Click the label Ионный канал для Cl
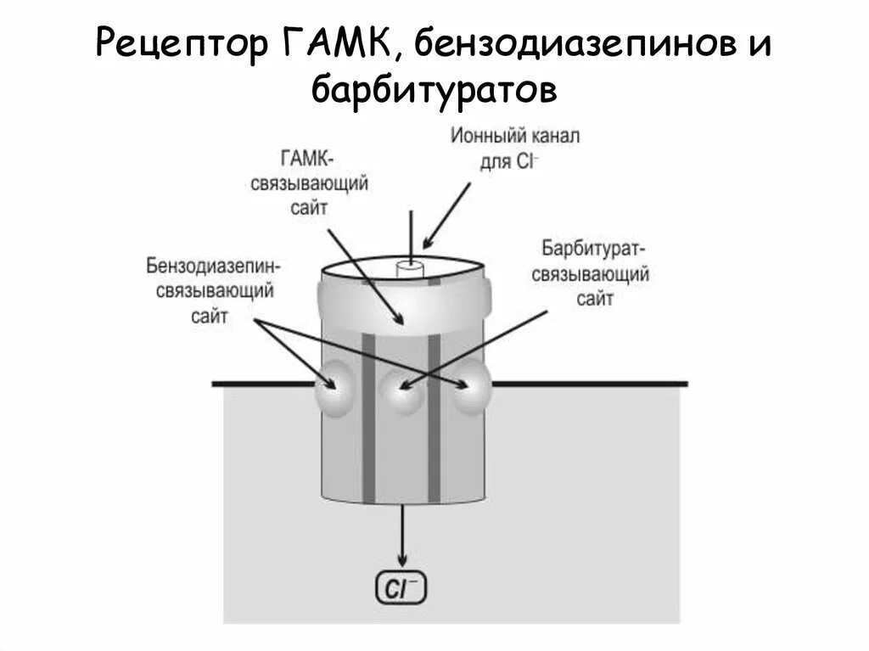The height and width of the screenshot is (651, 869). pos(514,149)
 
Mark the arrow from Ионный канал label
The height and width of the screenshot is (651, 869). pos(446,212)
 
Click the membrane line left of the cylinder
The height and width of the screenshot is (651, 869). pos(263,384)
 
